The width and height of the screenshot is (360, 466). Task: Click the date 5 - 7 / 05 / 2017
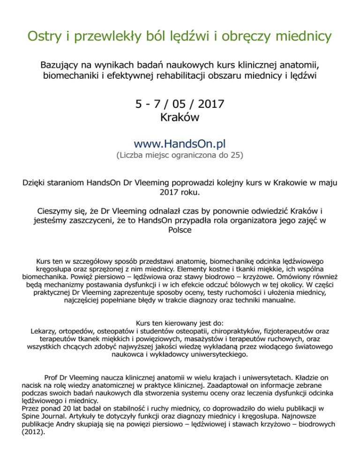(180, 102)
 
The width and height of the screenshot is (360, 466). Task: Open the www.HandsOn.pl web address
(180, 142)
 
